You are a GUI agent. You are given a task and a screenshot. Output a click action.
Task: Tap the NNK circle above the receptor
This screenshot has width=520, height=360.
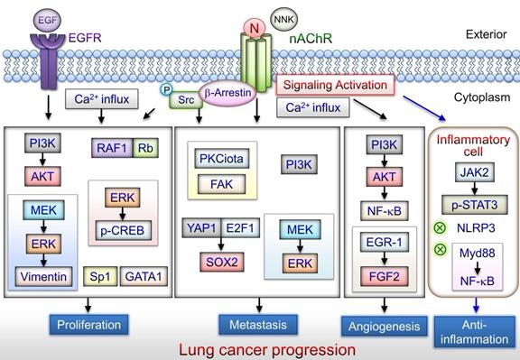coord(284,16)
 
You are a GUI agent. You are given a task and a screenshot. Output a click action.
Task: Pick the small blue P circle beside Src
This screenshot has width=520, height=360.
coord(166,90)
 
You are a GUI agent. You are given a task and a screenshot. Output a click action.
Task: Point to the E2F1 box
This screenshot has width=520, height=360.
coord(239,227)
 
